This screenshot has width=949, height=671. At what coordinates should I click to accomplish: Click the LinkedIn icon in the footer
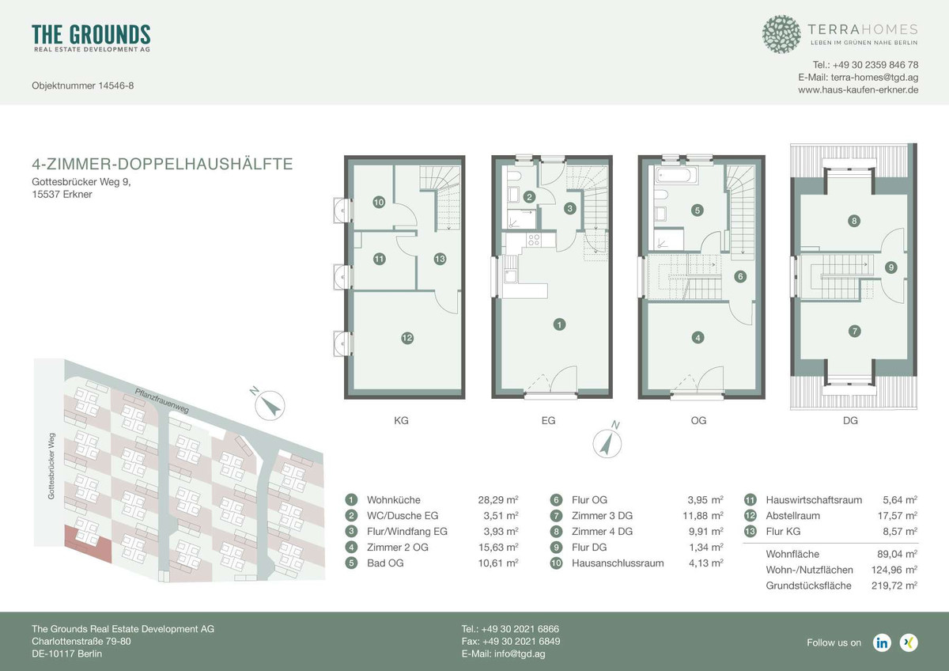[x=882, y=643]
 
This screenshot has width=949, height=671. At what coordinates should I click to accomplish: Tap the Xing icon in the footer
[x=909, y=643]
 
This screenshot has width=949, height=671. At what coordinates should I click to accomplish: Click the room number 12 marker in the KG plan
[x=407, y=338]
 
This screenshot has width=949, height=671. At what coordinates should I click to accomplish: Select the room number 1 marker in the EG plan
[x=559, y=324]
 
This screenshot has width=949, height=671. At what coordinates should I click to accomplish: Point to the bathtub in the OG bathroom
[x=676, y=176]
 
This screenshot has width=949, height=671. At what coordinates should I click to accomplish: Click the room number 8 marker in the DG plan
[x=853, y=221]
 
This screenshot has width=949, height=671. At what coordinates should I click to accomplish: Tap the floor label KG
[x=401, y=420]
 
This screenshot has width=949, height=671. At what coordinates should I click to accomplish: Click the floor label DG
[x=850, y=420]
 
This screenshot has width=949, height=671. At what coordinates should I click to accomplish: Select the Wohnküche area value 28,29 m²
[x=498, y=500]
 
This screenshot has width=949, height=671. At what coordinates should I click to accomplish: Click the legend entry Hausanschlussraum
[x=618, y=563]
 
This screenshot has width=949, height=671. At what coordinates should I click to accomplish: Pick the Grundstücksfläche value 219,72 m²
[x=894, y=586]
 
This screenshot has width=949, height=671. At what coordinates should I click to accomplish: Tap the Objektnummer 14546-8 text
[x=82, y=86]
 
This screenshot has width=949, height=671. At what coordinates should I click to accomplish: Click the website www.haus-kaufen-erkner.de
[x=858, y=90]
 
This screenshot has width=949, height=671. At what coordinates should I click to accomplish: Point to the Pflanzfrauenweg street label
[x=162, y=400]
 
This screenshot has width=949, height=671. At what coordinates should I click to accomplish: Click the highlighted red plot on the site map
[x=87, y=543]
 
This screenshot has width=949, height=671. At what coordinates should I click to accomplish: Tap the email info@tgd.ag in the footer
[x=503, y=654]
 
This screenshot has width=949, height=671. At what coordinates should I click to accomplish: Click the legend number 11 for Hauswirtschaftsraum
[x=750, y=500]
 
